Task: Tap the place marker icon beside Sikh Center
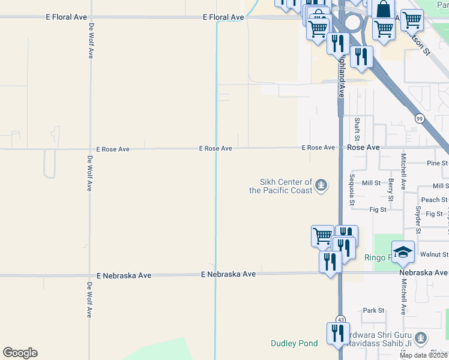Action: click(x=322, y=184)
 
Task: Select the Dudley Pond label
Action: click(x=294, y=344)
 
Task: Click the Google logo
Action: click(x=20, y=353)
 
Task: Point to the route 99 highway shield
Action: click(x=419, y=119)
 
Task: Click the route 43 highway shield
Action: click(x=340, y=319)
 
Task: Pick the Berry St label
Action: click(x=391, y=189)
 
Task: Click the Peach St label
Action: click(x=435, y=200)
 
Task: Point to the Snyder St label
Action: click(x=418, y=220)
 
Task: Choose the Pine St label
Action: click(x=437, y=163)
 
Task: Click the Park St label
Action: click(x=373, y=311)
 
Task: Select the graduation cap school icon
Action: click(x=403, y=253)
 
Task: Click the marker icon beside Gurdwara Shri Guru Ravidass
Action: click(x=421, y=337)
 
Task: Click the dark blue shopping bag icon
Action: click(x=383, y=10)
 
